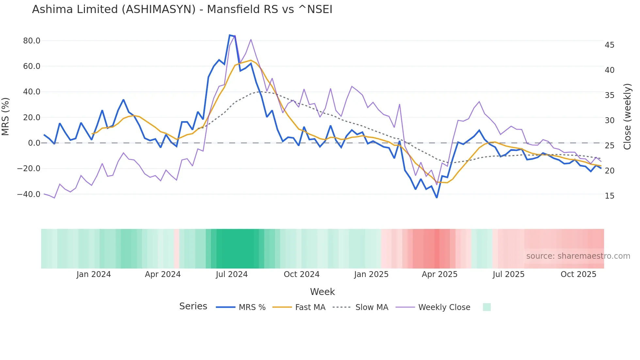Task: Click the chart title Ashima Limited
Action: (182, 9)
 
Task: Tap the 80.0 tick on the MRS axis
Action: (32, 41)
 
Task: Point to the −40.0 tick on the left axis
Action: (29, 194)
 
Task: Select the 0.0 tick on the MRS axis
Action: (34, 143)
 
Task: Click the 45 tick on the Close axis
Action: (609, 45)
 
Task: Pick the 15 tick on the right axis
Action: (609, 196)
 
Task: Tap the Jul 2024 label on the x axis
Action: (232, 274)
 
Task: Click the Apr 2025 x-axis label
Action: (440, 274)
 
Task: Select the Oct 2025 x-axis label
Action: (578, 274)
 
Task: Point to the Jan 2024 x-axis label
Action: (94, 274)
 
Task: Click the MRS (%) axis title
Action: (6, 117)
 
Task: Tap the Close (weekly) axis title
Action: (627, 117)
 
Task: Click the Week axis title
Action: (322, 292)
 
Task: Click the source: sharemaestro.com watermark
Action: (578, 256)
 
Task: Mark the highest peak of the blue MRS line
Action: (230, 35)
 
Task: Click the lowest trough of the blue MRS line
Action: (437, 198)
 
